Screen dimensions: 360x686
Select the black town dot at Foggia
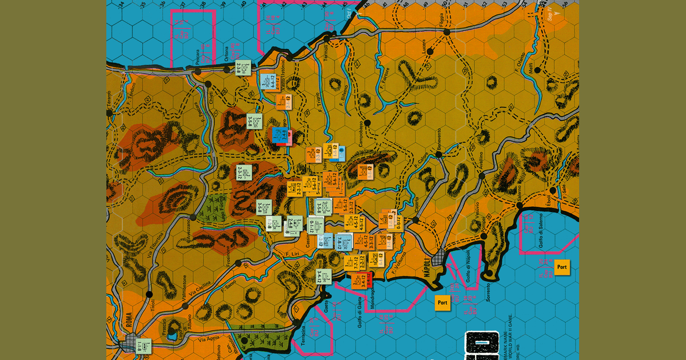pyautogui.click(x=446, y=33)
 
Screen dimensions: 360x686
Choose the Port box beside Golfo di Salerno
pyautogui.click(x=562, y=267)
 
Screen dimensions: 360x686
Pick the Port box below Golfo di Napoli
pyautogui.click(x=442, y=302)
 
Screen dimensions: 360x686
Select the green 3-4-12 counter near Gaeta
pyautogui.click(x=323, y=277)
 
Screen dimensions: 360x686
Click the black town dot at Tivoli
pyautogui.click(x=149, y=295)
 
